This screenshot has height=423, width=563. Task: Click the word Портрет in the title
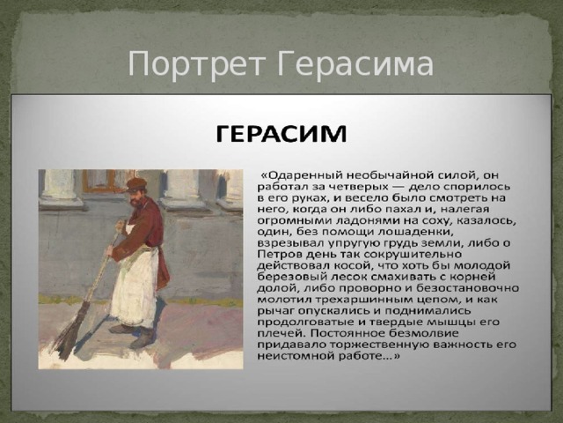click(196, 64)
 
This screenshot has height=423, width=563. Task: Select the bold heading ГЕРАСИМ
click(281, 134)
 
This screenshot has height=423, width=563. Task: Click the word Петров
click(279, 255)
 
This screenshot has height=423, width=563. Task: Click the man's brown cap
click(136, 183)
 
